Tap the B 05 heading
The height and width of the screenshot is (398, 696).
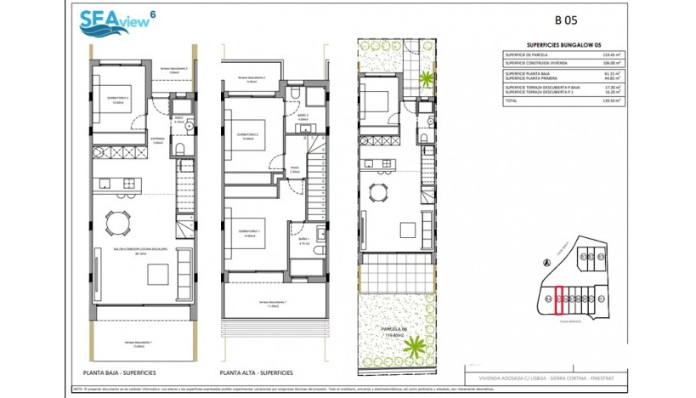point(569,20)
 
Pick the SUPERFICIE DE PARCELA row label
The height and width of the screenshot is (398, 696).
point(531,55)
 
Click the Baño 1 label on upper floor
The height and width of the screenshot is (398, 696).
point(304,242)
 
